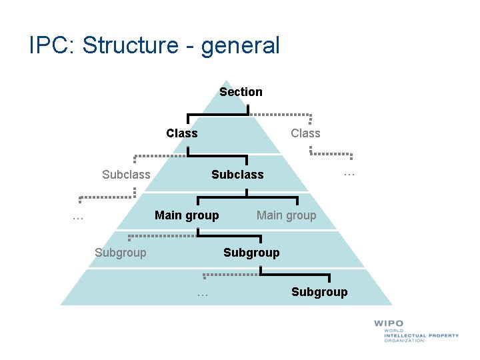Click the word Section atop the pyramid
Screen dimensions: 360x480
click(x=241, y=92)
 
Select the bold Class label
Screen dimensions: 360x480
click(x=182, y=133)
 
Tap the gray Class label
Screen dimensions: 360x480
click(x=305, y=133)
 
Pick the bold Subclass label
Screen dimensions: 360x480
click(x=237, y=175)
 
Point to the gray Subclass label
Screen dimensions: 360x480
click(x=126, y=175)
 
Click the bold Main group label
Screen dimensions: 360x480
click(x=187, y=215)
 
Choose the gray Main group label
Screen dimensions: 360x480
click(x=287, y=215)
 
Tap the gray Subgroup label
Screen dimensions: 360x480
click(x=121, y=253)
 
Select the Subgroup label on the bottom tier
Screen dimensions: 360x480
click(x=319, y=292)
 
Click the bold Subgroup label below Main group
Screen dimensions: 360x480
click(x=251, y=253)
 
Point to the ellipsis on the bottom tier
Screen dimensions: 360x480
click(x=203, y=293)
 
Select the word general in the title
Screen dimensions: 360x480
click(x=239, y=46)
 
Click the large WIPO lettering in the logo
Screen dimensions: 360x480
click(x=389, y=324)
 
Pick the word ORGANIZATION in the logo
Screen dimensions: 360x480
click(x=404, y=341)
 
